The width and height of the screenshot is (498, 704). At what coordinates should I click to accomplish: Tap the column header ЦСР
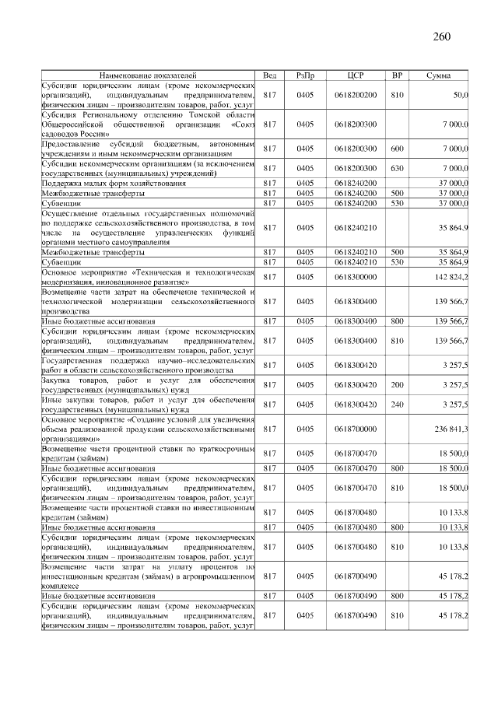[355, 75]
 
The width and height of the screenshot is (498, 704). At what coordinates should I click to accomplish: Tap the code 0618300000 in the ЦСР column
[355, 277]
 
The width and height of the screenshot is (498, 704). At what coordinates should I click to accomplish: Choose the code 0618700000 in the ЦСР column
[355, 429]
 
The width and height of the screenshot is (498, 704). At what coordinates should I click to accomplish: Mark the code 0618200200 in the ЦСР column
[355, 94]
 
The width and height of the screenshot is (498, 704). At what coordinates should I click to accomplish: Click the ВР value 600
[397, 148]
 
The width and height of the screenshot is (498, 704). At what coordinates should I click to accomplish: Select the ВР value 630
[397, 168]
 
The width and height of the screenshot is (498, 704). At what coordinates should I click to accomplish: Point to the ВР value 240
[397, 404]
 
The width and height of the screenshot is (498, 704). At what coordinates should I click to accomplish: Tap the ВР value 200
[397, 384]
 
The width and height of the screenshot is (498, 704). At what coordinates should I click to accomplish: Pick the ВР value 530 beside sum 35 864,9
[397, 262]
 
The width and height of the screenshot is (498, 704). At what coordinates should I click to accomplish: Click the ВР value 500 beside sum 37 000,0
[397, 193]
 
